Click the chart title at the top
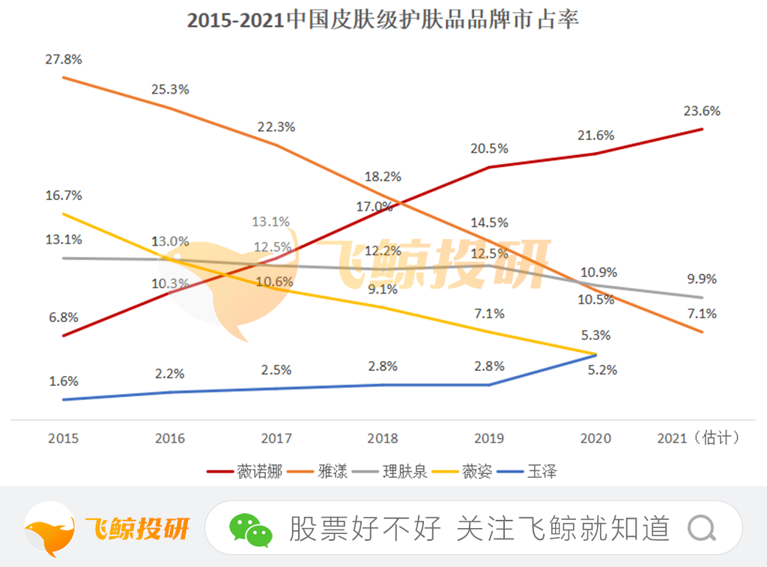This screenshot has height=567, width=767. pos(383,20)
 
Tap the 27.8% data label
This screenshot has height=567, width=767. pos(64,59)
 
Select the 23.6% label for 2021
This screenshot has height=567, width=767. pos(702,112)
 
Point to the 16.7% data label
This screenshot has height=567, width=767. pos(64,195)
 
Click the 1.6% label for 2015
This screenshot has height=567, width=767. pos(64,381)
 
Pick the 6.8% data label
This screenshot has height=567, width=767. pos(64,318)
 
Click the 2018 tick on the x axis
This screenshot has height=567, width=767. pos(383,438)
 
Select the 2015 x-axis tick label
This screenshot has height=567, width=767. pos(63,438)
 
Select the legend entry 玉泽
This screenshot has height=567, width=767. pos(542,472)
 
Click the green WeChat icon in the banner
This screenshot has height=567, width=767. pos(250,530)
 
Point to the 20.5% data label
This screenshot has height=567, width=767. pos(490,148)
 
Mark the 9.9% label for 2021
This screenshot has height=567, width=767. pos(702,279)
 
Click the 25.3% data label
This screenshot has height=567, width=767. pos(171,89)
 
